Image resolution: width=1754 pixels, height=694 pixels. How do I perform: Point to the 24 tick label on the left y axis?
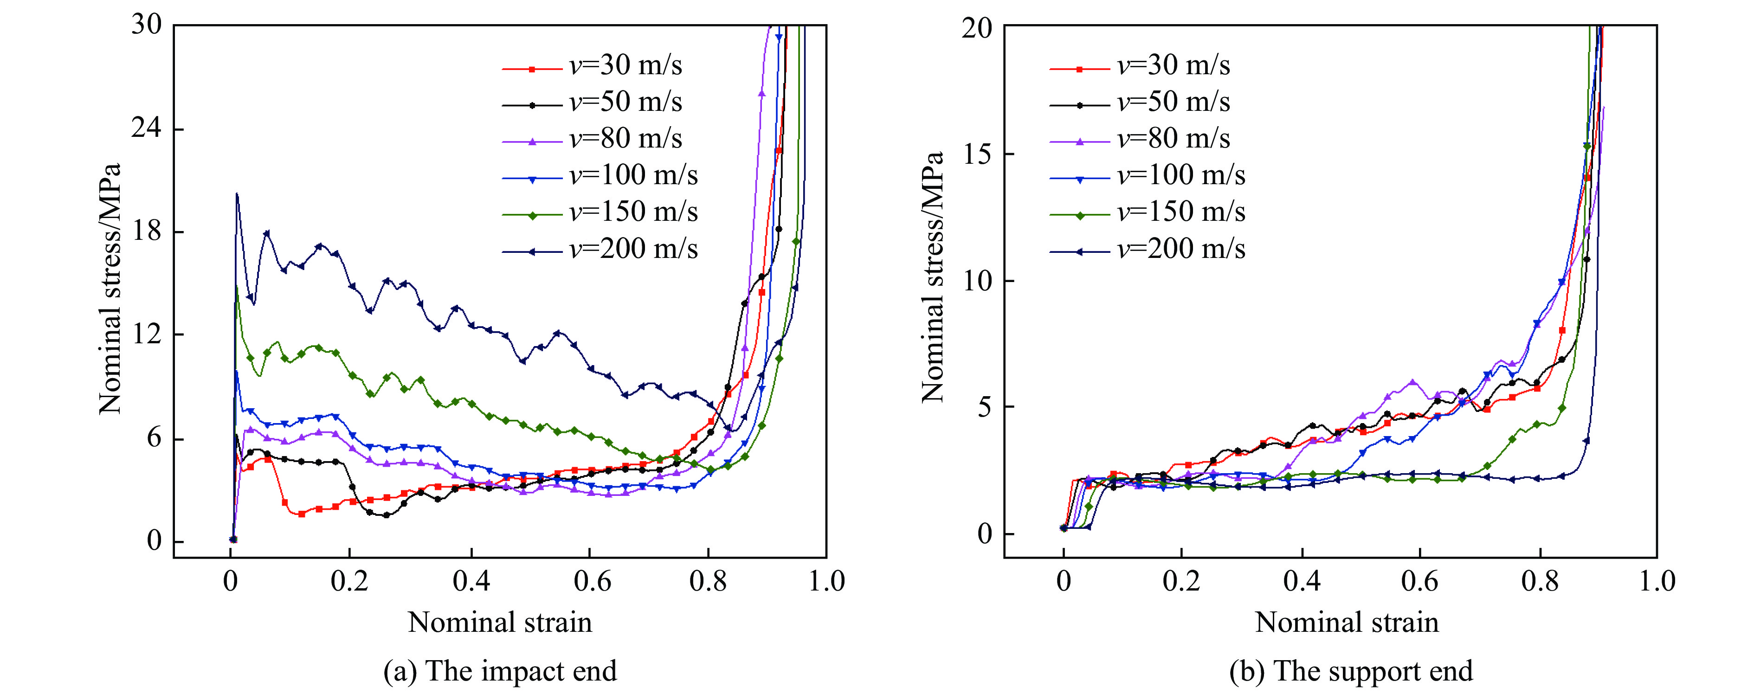pyautogui.click(x=146, y=128)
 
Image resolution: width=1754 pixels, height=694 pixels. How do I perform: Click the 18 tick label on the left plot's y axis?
pyautogui.click(x=146, y=231)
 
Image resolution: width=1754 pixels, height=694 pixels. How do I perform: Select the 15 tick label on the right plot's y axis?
pyautogui.click(x=977, y=154)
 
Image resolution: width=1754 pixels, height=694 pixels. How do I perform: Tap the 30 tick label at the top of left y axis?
pyautogui.click(x=146, y=25)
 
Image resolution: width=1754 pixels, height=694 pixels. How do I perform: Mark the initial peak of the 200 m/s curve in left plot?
pyautogui.click(x=236, y=193)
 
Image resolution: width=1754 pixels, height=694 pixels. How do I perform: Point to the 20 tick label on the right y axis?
pyautogui.click(x=977, y=28)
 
